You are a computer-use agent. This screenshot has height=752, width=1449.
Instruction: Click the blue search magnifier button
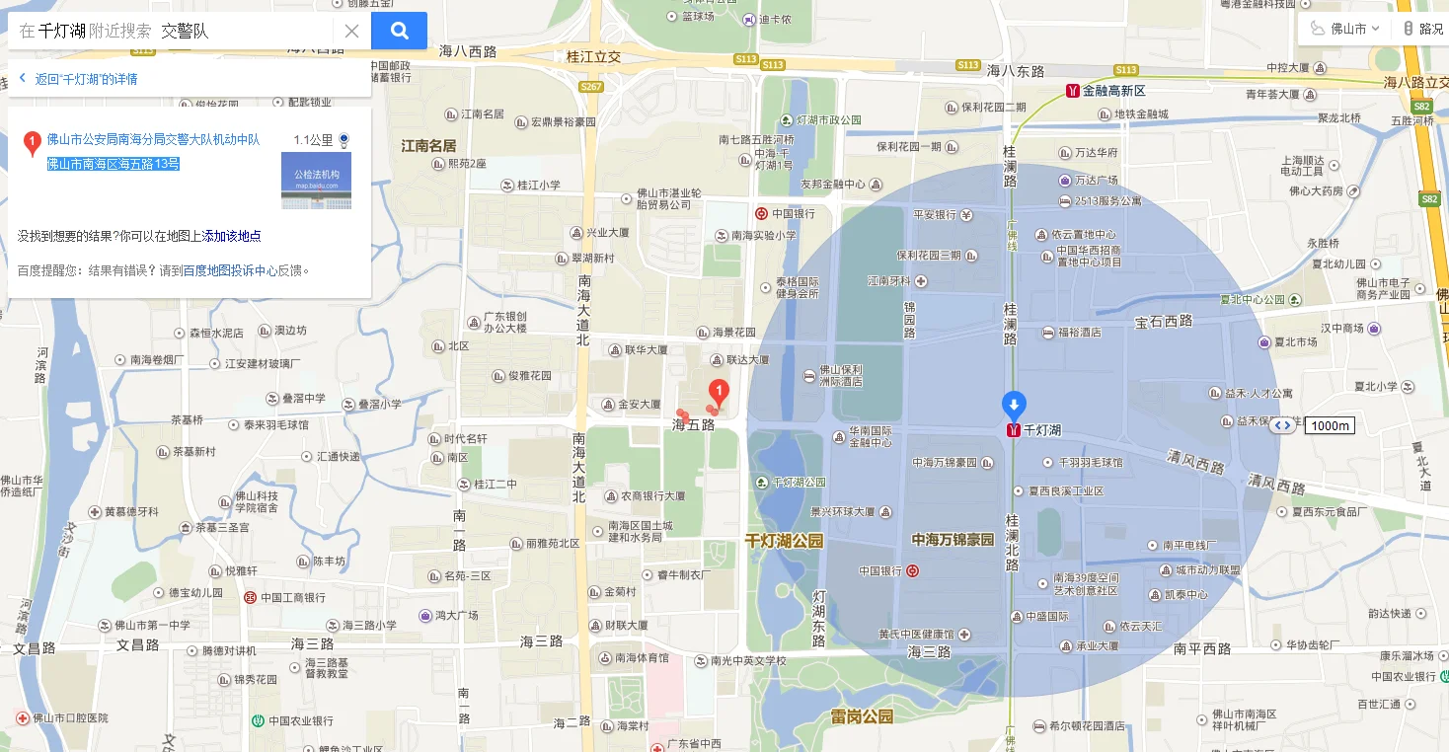point(399,31)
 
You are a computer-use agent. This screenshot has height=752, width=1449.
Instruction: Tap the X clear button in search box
point(351,31)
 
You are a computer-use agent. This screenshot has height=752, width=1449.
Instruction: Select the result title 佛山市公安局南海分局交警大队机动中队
point(153,140)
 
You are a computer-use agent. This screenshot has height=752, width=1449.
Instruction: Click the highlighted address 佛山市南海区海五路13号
point(114,164)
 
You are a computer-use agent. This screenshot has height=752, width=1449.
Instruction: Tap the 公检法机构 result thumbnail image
point(316,181)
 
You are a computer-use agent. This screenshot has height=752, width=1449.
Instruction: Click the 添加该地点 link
point(232,236)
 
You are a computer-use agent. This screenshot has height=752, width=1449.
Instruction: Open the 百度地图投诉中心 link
point(230,269)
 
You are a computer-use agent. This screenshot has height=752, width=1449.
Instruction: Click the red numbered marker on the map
point(720,395)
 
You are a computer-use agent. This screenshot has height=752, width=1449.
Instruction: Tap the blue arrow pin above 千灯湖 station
point(1014,405)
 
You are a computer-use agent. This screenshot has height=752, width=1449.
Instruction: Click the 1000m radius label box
point(1330,425)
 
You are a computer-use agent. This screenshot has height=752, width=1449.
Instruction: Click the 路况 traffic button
point(1423,29)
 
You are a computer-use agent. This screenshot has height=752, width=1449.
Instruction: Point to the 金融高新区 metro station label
point(1113,91)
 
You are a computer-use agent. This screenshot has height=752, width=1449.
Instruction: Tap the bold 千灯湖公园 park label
point(784,542)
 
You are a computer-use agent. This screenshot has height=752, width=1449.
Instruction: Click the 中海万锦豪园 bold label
point(953,540)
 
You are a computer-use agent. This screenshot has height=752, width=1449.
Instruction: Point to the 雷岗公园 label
point(862,716)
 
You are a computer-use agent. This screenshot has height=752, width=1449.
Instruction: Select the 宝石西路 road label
point(1164,321)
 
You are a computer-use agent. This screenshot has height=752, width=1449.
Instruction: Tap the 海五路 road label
point(693,425)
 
